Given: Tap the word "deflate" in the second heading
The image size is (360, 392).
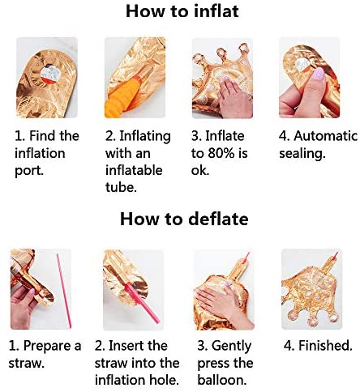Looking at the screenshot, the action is pyautogui.click(x=218, y=219).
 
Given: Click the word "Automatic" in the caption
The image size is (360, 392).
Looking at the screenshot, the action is pyautogui.click(x=325, y=136).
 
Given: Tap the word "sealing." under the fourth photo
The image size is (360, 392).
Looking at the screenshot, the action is pyautogui.click(x=302, y=154).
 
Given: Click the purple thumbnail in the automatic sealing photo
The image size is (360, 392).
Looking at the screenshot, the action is pyautogui.click(x=319, y=74).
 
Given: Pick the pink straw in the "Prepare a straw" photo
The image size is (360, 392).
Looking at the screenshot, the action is pyautogui.click(x=64, y=291).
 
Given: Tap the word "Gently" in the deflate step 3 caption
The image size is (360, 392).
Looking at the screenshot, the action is pyautogui.click(x=231, y=346).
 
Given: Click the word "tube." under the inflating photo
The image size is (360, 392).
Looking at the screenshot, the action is pyautogui.click(x=121, y=187).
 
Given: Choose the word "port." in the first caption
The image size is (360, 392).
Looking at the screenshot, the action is pyautogui.click(x=29, y=171).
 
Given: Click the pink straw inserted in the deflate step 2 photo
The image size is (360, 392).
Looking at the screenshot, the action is pyautogui.click(x=142, y=303).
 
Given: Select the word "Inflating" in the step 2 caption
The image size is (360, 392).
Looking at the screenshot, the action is pyautogui.click(x=145, y=136).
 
